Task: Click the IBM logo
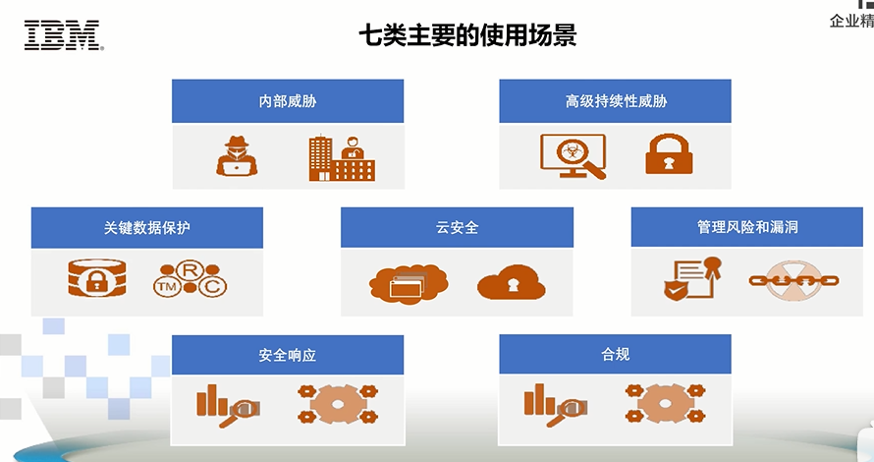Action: click(63, 36)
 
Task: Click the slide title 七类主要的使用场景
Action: click(467, 36)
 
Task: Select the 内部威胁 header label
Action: click(288, 101)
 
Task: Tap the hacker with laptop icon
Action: click(236, 155)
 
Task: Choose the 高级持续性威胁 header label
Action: click(615, 101)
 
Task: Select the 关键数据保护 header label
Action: click(146, 227)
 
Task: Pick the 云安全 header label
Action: click(457, 227)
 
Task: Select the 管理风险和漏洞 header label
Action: click(746, 227)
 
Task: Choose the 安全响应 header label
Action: click(288, 354)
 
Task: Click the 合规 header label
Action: click(615, 354)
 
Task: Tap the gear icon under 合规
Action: click(665, 403)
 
